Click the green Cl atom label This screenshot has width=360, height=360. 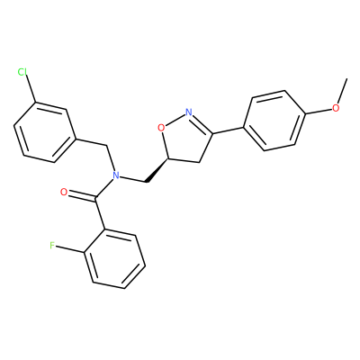click(22, 72)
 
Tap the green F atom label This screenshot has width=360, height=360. click(52, 246)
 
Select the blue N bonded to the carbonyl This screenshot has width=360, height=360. click(115, 175)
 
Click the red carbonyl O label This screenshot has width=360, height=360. click(64, 192)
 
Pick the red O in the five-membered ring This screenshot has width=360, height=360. click(161, 128)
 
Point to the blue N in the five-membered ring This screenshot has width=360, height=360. click(188, 112)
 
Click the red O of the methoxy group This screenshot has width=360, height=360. click(336, 108)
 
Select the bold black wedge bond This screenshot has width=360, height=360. click(157, 170)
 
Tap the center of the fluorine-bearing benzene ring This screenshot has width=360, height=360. click(114, 259)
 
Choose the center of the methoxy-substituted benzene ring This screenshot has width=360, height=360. click(274, 121)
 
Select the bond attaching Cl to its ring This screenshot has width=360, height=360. click(31, 89)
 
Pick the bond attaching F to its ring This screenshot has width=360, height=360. click(70, 249)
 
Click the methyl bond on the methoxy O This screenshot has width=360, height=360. click(342, 91)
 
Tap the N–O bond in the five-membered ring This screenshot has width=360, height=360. click(175, 121)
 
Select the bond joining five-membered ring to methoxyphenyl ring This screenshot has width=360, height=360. click(228, 130)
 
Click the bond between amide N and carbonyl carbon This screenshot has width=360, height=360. click(104, 187)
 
